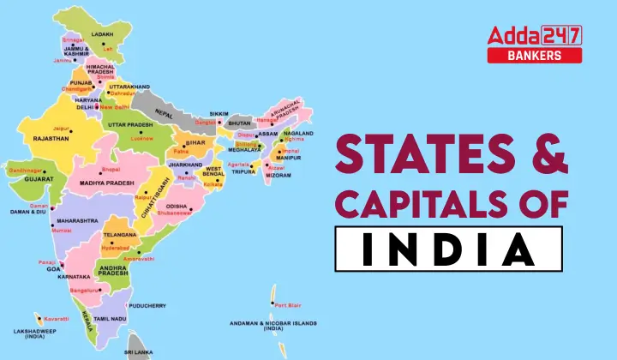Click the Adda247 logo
[x=534, y=34]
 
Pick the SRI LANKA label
[x=140, y=352]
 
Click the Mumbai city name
[x=62, y=231]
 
